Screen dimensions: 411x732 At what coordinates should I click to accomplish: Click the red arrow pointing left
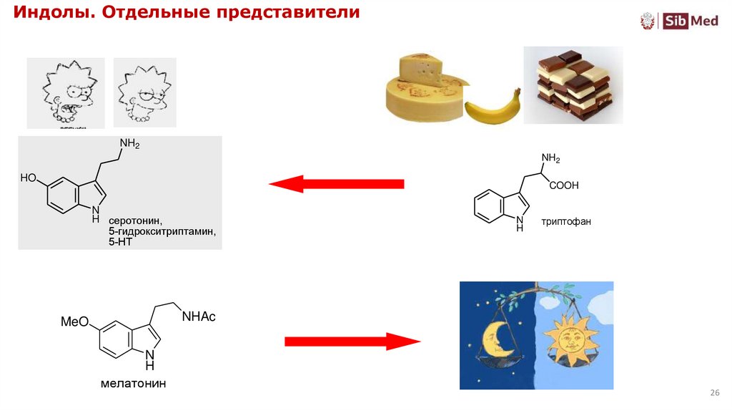coord(336,184)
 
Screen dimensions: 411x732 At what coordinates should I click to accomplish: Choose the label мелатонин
coord(133,384)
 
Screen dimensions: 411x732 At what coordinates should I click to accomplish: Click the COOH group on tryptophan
coord(565,185)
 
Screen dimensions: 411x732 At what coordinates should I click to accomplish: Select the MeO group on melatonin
coord(74,322)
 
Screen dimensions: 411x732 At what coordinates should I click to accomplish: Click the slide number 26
coord(713,394)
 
